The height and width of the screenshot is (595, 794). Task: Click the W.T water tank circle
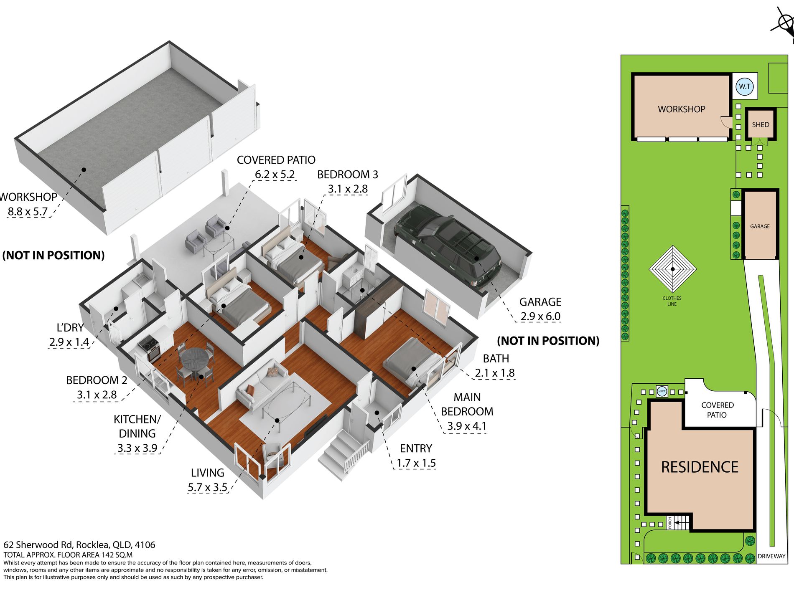(744, 86)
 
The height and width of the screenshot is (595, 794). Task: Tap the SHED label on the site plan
(760, 124)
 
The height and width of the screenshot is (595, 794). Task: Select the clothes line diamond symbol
(672, 269)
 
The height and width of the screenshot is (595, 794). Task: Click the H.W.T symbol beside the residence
(662, 391)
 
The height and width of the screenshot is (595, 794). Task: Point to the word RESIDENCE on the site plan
(700, 467)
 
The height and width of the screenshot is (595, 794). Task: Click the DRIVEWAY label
(771, 556)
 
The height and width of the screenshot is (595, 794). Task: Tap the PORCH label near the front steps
(670, 523)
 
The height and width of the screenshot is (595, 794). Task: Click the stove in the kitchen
(149, 348)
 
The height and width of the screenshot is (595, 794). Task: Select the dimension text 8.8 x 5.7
(28, 211)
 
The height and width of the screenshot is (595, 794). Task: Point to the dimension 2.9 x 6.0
(540, 316)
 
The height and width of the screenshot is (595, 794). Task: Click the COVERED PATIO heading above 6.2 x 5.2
(276, 160)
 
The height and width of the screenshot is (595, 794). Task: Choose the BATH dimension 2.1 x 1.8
(494, 373)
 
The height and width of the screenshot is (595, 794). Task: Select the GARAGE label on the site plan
(760, 226)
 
